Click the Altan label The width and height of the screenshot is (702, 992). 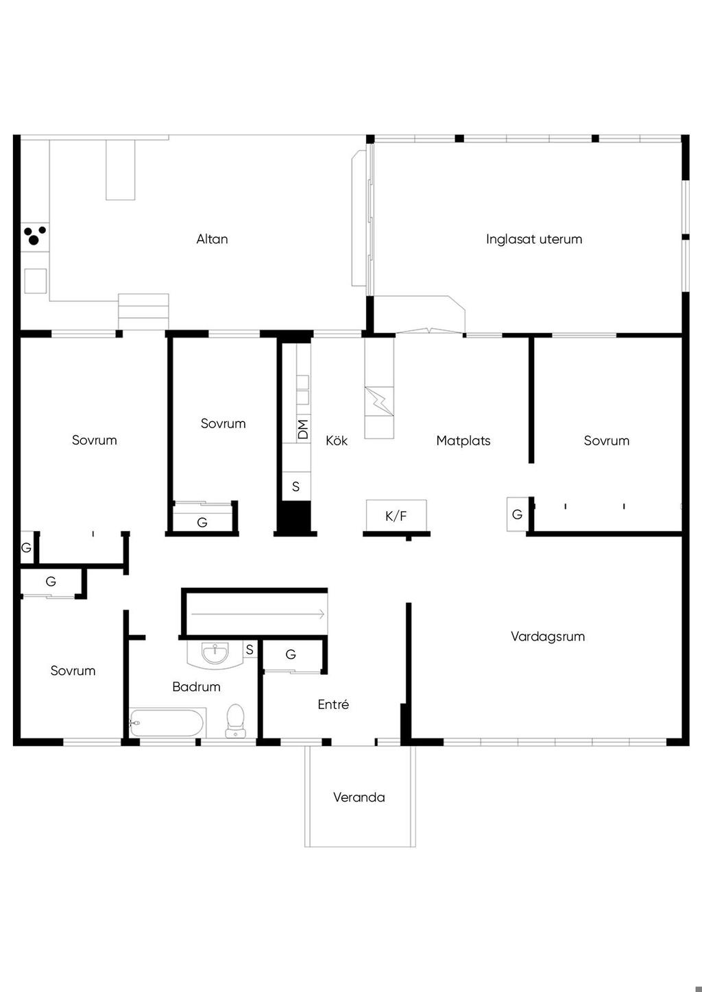click(x=212, y=239)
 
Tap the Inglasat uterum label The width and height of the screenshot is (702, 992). click(x=534, y=239)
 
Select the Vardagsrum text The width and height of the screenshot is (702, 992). click(x=548, y=636)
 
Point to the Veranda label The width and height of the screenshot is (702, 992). click(x=359, y=797)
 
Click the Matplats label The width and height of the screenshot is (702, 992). click(x=463, y=441)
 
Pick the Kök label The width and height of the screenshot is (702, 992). click(x=337, y=441)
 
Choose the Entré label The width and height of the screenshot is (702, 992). click(x=333, y=704)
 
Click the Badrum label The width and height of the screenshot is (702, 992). click(x=196, y=686)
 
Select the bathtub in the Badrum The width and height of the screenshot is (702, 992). click(x=167, y=722)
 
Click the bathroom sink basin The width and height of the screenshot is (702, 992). click(x=215, y=653)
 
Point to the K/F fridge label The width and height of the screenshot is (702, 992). click(x=396, y=516)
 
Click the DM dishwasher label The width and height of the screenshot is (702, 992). click(x=303, y=429)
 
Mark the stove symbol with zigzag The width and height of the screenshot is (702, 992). click(x=379, y=401)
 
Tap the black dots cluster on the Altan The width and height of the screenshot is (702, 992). click(x=35, y=236)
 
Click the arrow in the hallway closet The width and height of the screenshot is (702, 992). click(x=258, y=614)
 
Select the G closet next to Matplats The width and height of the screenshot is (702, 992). click(x=517, y=514)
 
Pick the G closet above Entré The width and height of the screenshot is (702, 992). click(x=291, y=654)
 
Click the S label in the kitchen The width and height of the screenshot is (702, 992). click(x=296, y=486)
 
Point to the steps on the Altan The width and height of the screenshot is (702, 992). click(x=143, y=311)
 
